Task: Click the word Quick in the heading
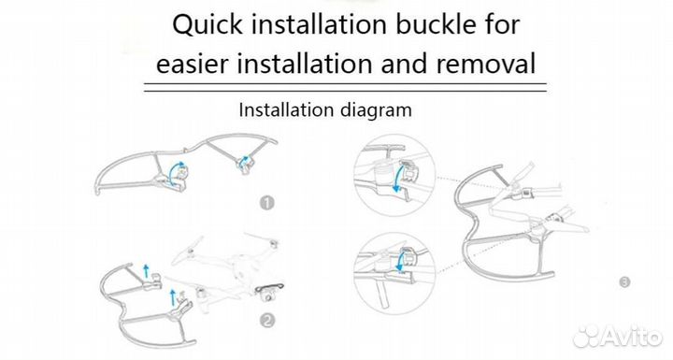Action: point(208,25)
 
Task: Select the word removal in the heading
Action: point(486,64)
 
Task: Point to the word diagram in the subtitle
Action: point(376,111)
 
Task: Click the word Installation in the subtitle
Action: point(287,110)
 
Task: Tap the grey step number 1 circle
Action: point(267,203)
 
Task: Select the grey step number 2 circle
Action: point(267,320)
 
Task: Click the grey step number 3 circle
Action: point(624,282)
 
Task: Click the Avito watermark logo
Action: point(617,336)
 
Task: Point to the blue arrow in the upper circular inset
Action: point(397,176)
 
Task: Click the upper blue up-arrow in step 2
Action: point(146,271)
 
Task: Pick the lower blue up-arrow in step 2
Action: point(173,297)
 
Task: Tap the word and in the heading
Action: point(405,64)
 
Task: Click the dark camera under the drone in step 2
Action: point(270,293)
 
